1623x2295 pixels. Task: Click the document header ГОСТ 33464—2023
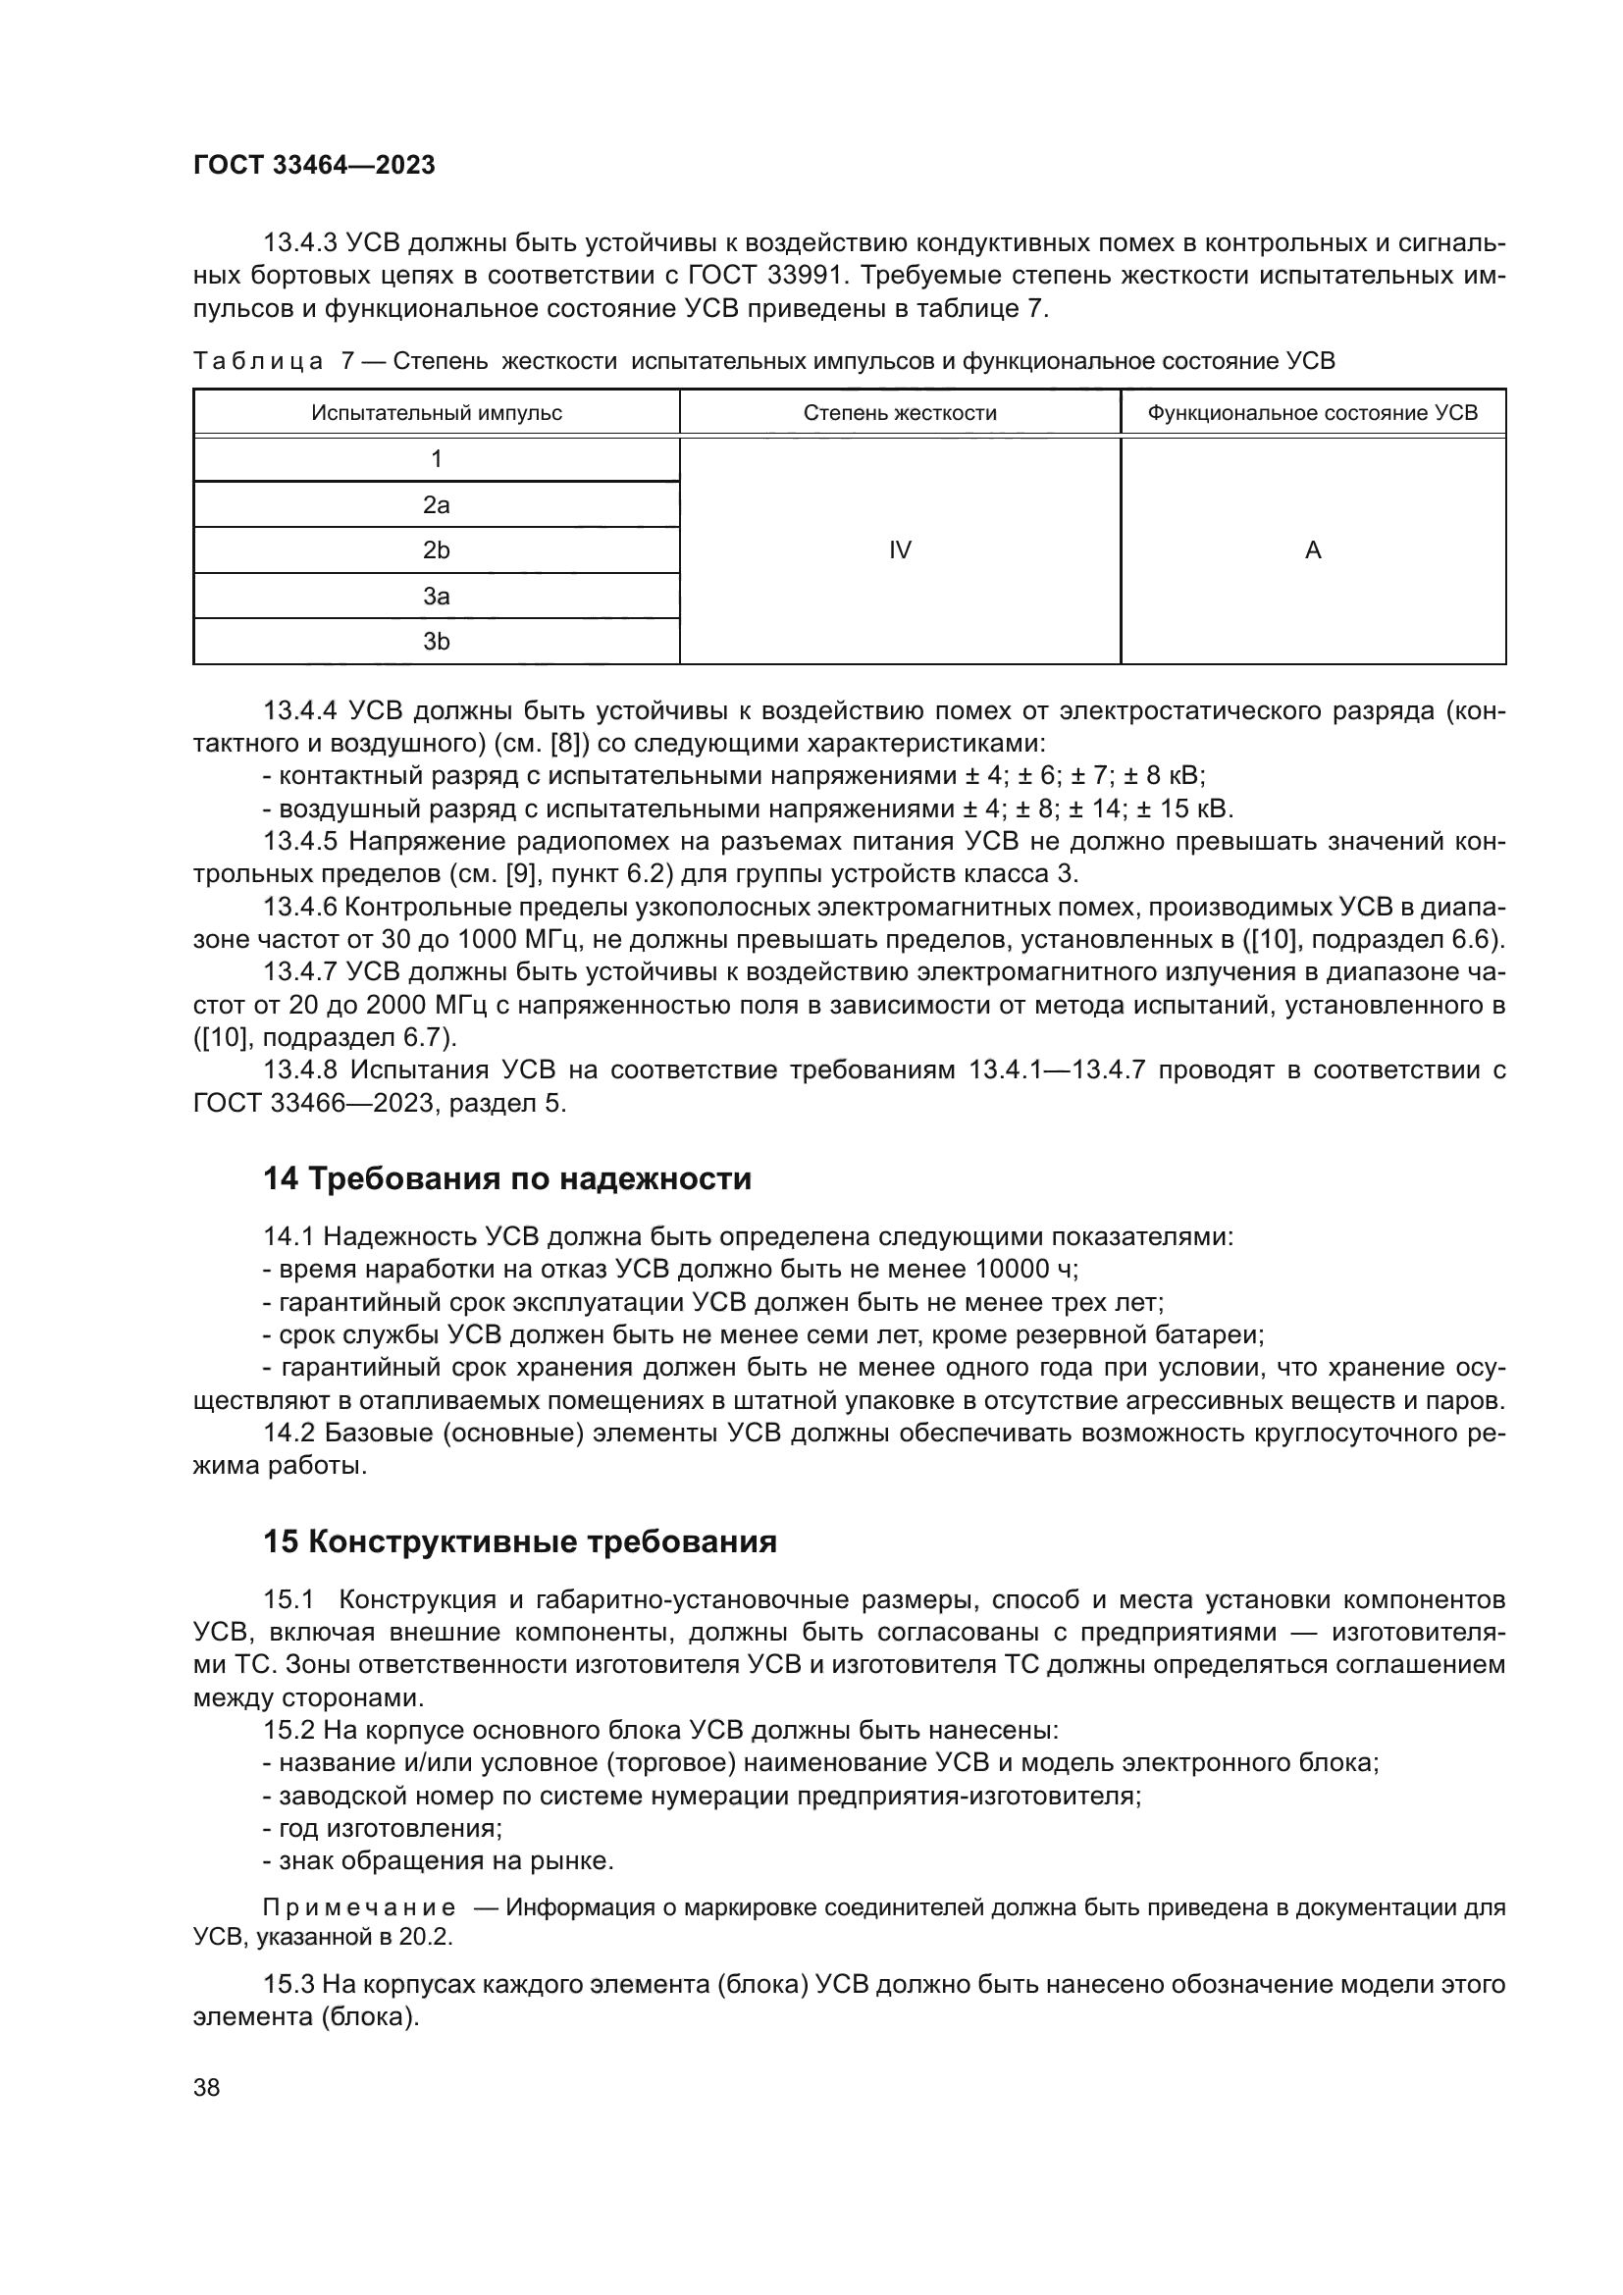314,166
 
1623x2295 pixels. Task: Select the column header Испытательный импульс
436,413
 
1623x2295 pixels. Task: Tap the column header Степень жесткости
900,413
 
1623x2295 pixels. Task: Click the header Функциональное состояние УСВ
1312,413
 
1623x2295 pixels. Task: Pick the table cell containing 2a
436,504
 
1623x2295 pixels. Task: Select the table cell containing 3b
436,642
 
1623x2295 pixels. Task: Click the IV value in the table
900,550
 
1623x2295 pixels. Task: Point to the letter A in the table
1312,550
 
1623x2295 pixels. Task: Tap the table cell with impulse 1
436,459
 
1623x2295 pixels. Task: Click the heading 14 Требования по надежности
506,1179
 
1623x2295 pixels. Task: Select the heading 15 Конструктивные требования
520,1542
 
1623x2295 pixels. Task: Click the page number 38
207,2088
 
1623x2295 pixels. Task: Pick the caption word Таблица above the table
257,362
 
